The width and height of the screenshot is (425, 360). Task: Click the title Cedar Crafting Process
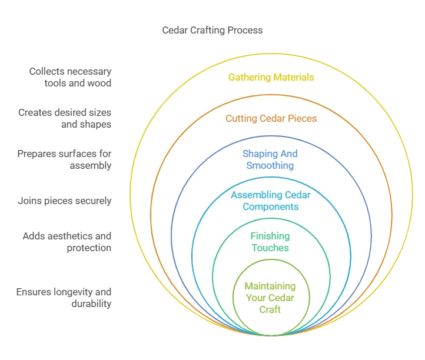click(x=213, y=30)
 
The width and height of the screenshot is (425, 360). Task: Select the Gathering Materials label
click(x=271, y=77)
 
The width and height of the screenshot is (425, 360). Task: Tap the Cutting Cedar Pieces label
click(x=271, y=118)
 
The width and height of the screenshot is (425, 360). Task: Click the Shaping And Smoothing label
click(x=270, y=159)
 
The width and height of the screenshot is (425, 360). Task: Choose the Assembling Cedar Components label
click(x=270, y=201)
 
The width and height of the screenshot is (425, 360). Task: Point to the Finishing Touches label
click(x=270, y=242)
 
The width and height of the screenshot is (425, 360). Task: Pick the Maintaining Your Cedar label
click(x=270, y=292)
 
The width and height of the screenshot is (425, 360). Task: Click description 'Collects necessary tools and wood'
click(x=71, y=77)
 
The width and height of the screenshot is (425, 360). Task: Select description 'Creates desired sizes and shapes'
click(x=65, y=118)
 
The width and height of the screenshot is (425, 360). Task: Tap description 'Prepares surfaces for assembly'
click(x=65, y=159)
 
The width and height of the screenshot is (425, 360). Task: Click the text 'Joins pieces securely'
click(x=65, y=201)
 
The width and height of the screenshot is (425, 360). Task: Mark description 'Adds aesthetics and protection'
click(x=67, y=242)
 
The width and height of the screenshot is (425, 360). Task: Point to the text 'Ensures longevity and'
click(x=64, y=292)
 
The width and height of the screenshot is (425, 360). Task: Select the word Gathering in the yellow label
click(x=249, y=77)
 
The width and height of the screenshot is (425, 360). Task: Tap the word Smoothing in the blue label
click(x=270, y=165)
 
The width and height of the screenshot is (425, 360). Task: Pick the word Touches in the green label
click(x=270, y=248)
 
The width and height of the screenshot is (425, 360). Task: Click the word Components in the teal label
click(x=270, y=206)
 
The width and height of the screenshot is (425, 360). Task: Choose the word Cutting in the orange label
click(x=241, y=118)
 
